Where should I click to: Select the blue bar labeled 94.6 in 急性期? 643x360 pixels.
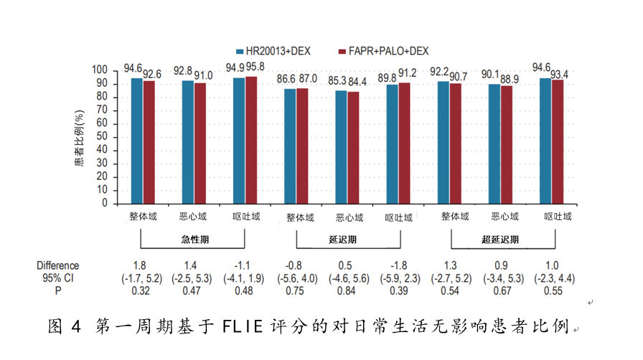click(x=136, y=141)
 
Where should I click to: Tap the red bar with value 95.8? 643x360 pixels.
click(x=250, y=140)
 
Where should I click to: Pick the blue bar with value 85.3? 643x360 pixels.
click(x=341, y=147)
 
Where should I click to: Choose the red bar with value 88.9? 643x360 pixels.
click(x=507, y=144)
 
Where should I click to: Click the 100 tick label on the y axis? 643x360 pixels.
click(x=100, y=70)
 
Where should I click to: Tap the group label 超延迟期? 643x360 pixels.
click(x=499, y=240)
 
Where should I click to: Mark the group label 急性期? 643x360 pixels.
click(x=188, y=240)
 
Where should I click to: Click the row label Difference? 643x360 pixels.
click(x=59, y=266)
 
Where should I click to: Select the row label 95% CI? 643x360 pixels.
click(x=59, y=278)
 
